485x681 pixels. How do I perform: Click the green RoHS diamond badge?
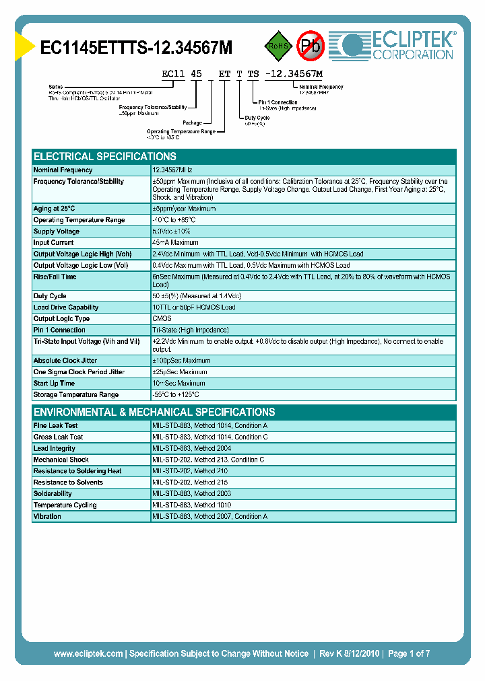tap(278, 46)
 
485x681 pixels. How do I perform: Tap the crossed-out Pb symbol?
tap(311, 46)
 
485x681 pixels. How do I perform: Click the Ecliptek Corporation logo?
tap(398, 46)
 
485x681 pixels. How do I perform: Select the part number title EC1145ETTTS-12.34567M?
tap(137, 48)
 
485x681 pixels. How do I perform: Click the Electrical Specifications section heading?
tap(105, 156)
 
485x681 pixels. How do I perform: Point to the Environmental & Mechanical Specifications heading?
tap(154, 412)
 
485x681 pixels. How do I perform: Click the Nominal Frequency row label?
tap(63, 170)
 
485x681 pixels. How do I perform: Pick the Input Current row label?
tap(53, 243)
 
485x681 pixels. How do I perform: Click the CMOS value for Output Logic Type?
tap(162, 319)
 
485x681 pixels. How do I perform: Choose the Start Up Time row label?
tap(54, 384)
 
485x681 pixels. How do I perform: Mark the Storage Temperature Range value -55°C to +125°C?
tap(176, 395)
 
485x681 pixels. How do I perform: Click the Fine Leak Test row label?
tap(55, 426)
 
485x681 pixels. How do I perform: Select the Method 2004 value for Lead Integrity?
tap(193, 448)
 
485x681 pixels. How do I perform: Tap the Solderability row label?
tap(53, 494)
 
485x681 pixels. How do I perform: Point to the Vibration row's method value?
tap(209, 517)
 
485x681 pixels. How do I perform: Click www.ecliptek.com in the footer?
tap(88, 653)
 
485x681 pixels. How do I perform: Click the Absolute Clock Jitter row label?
tap(66, 361)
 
